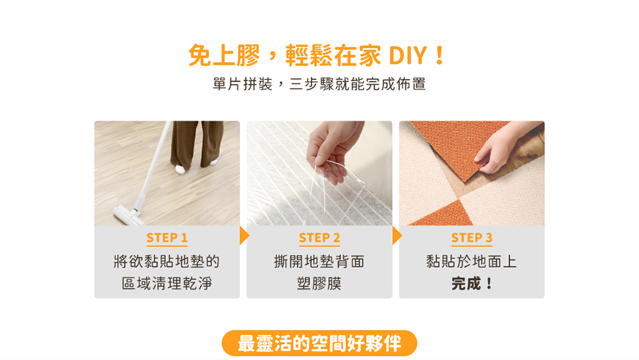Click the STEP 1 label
tap(167, 238)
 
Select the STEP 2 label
tap(319, 238)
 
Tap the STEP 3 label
tap(472, 238)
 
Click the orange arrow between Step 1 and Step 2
tap(244, 236)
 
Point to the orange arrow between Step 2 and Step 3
tap(397, 236)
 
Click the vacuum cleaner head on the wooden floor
tap(128, 215)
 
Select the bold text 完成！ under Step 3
tap(472, 283)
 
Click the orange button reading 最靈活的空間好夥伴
tap(319, 343)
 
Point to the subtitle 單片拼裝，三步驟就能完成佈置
tap(319, 84)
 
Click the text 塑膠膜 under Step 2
tap(319, 283)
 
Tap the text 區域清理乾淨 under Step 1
tap(167, 283)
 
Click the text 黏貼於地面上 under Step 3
tap(472, 261)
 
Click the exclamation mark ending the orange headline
tap(440, 55)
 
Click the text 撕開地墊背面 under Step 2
tap(319, 261)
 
